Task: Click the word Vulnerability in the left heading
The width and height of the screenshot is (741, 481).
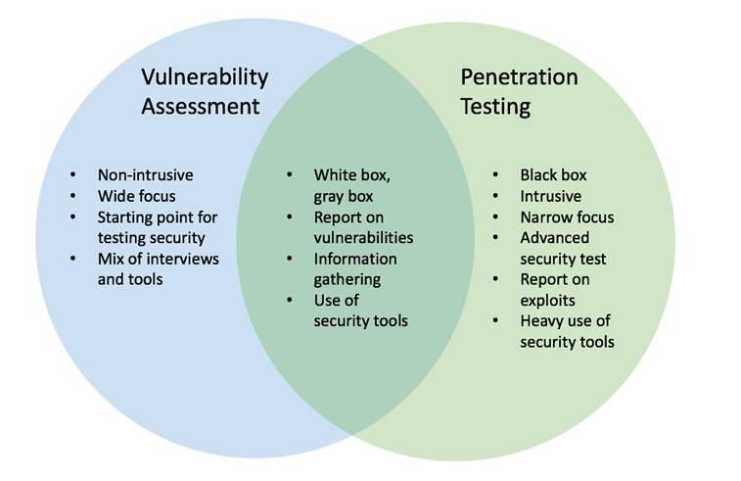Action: (205, 77)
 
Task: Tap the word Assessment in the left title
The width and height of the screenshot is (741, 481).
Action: (201, 106)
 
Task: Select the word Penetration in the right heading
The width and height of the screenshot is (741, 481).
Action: (519, 76)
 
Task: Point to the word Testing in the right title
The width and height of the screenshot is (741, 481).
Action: (495, 107)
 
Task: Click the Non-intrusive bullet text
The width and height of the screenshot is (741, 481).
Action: (146, 175)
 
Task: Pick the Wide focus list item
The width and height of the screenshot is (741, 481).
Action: (137, 196)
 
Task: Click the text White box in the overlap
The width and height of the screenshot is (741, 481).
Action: (352, 175)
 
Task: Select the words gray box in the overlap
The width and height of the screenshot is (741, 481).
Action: (344, 197)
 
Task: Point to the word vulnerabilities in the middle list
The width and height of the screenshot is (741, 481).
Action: (363, 237)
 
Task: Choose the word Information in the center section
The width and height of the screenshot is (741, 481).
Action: (355, 259)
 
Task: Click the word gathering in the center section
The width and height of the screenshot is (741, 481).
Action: (347, 280)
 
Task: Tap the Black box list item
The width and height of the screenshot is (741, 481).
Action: (553, 175)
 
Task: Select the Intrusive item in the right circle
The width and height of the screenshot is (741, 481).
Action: (551, 196)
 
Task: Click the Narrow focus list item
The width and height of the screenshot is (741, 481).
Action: (567, 217)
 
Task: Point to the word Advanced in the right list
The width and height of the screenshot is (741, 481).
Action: (555, 237)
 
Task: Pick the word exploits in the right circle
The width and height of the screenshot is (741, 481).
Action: (548, 301)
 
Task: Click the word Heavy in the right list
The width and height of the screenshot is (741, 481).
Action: (540, 321)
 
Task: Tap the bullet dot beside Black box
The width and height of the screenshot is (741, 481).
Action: (495, 175)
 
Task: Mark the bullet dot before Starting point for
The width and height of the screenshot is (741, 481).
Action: (72, 217)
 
